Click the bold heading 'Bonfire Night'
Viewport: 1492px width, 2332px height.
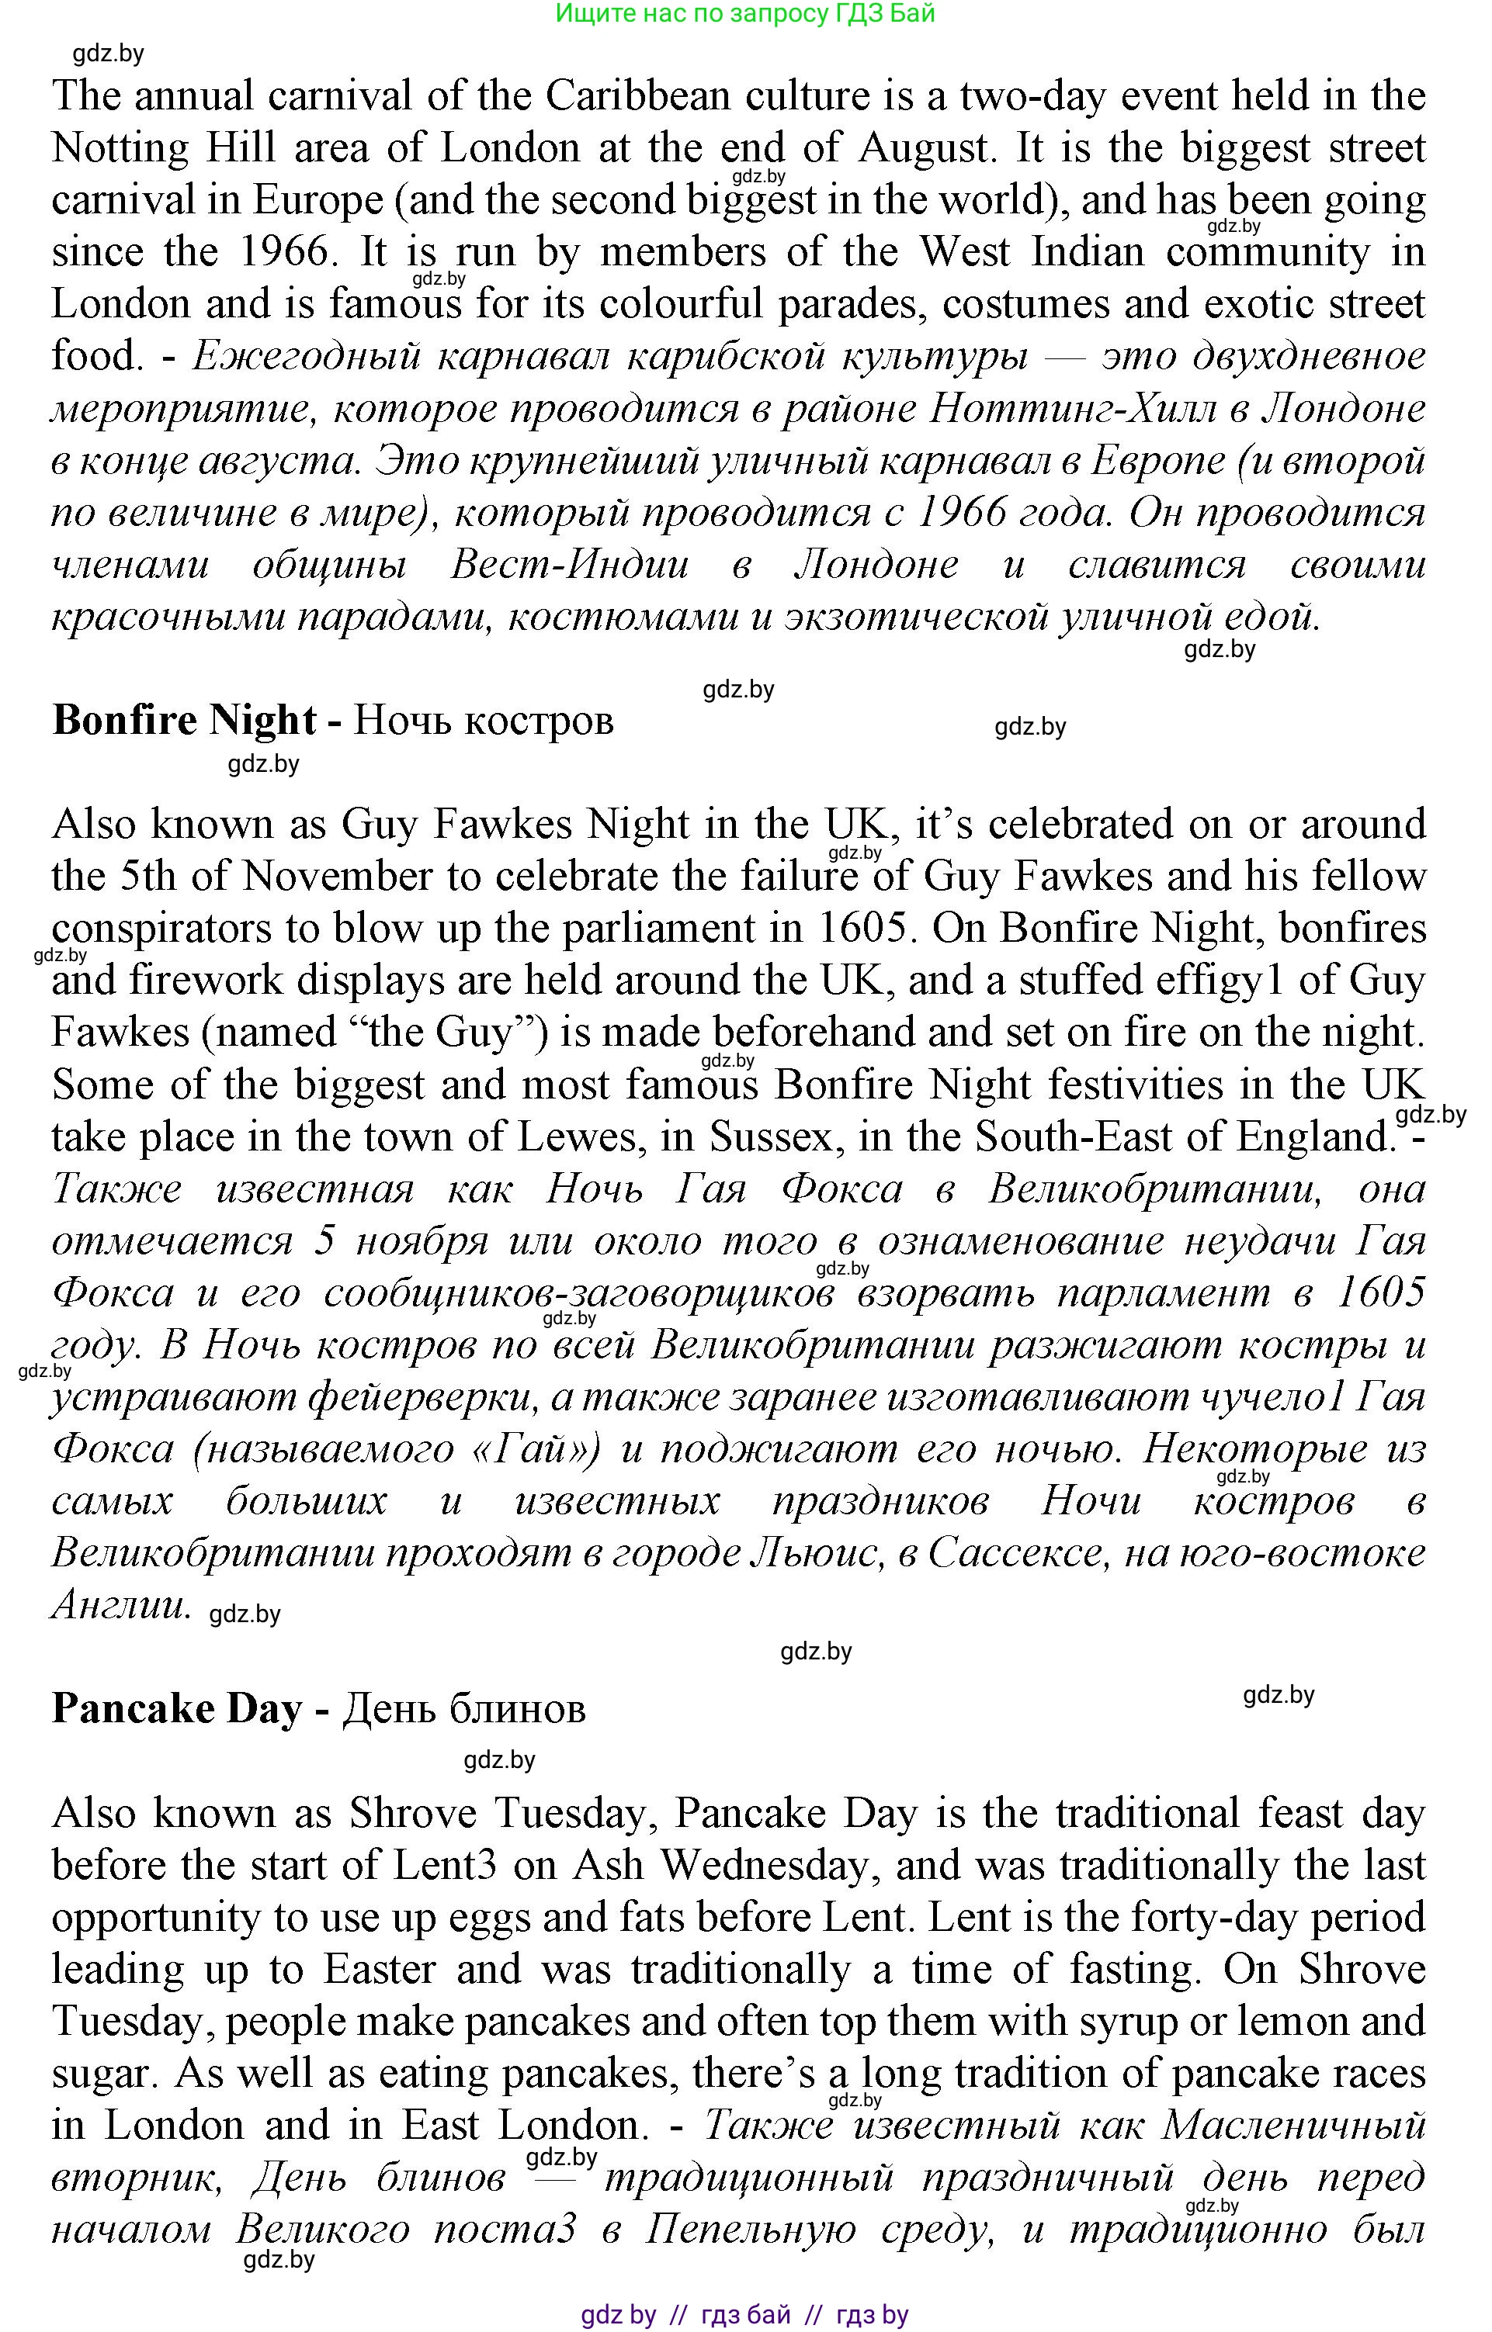184,721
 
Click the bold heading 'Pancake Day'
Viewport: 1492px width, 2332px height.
176,1708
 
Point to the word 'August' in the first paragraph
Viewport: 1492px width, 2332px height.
926,148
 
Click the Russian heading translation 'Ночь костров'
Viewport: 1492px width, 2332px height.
483,721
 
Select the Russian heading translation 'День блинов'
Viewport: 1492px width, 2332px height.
465,1708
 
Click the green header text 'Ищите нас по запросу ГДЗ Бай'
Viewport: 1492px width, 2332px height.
745,13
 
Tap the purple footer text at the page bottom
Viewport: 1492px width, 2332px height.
744,2315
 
